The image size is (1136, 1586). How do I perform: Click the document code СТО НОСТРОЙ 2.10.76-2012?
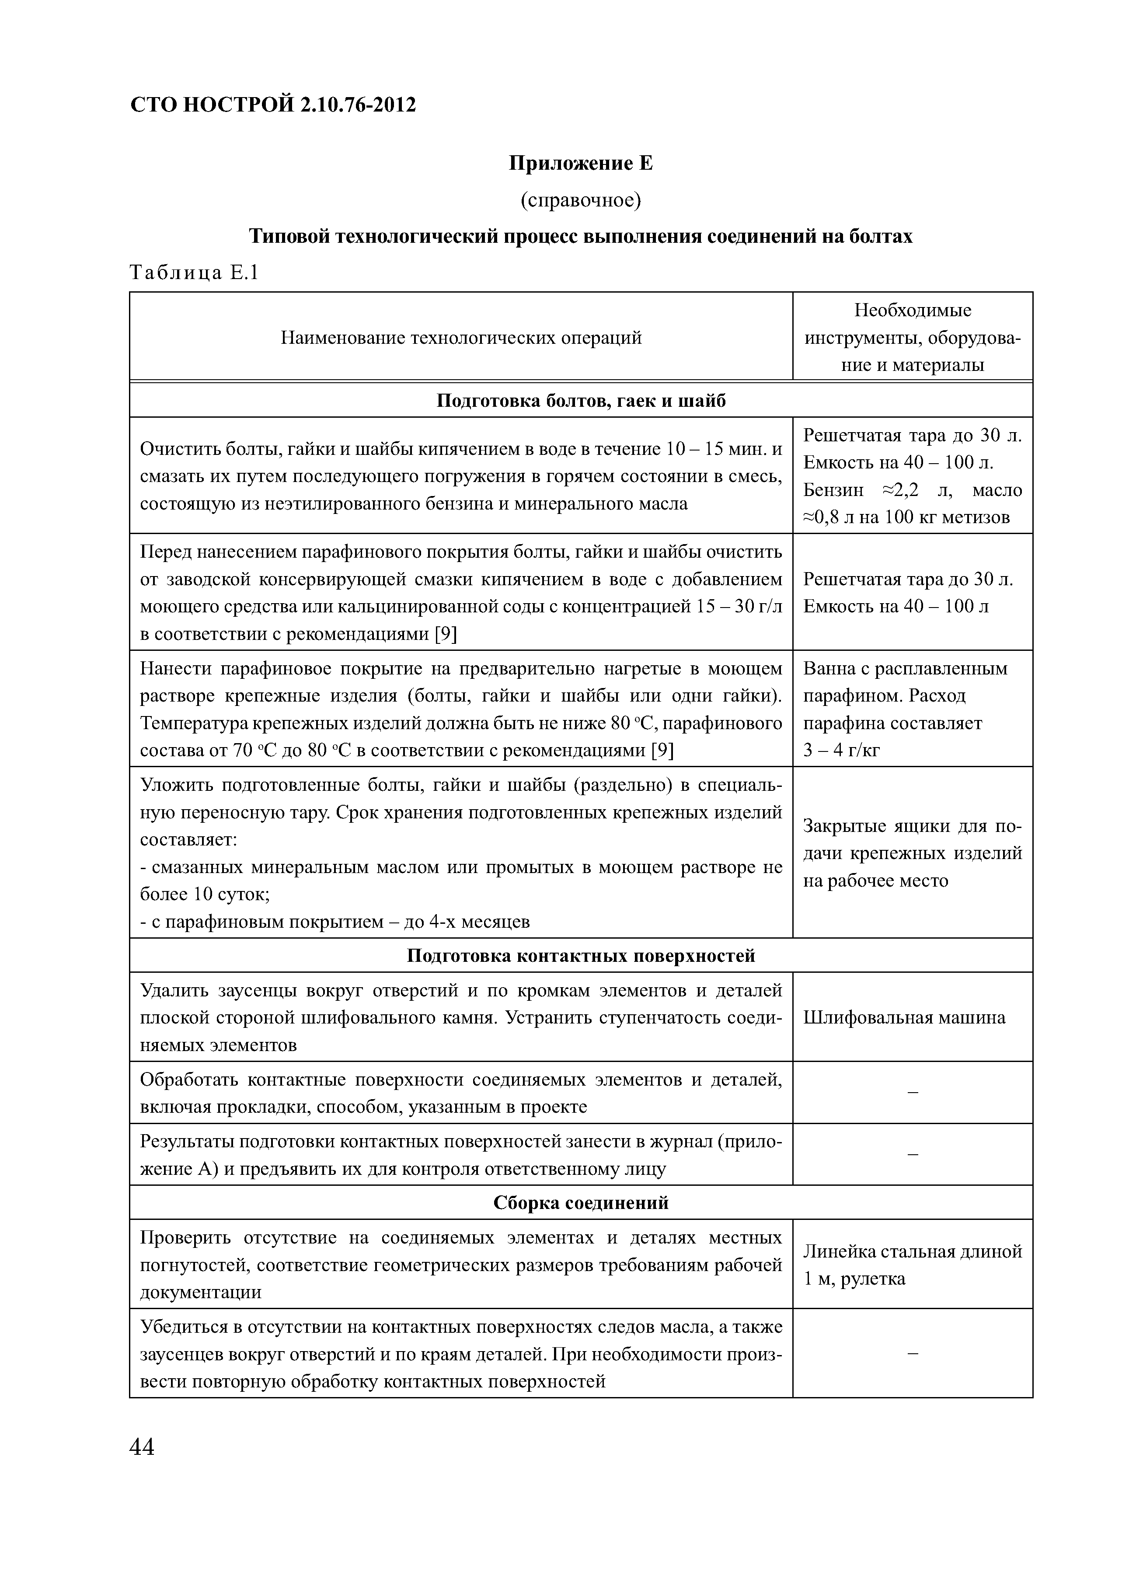click(x=273, y=105)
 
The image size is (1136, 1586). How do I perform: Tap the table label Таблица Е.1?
click(x=194, y=273)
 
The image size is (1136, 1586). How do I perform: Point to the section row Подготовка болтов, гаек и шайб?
click(x=580, y=401)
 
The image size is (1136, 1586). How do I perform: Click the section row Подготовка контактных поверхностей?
click(x=580, y=955)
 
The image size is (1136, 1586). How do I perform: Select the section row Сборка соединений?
click(x=580, y=1203)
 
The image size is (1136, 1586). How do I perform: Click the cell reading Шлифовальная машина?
click(x=903, y=1017)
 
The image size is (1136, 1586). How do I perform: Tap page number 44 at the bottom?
click(x=142, y=1447)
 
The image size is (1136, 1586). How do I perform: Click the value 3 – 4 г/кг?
click(x=841, y=750)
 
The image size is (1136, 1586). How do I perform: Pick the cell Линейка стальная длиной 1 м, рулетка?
click(x=912, y=1265)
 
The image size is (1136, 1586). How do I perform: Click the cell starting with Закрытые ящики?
click(x=912, y=853)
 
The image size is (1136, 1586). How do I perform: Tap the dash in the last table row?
click(x=912, y=1354)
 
